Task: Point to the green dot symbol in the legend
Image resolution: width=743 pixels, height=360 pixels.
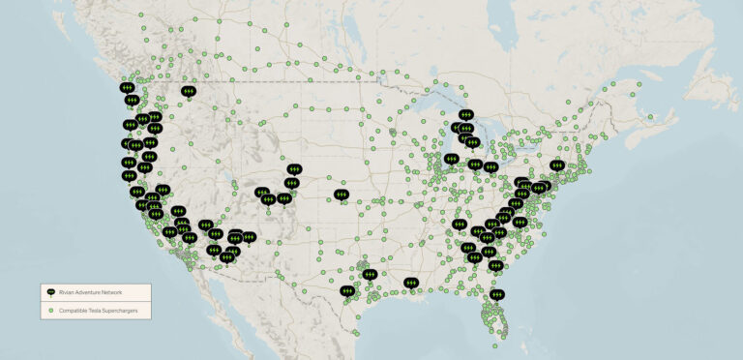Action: click(50, 311)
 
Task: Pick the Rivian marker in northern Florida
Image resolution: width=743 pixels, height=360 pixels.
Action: click(497, 293)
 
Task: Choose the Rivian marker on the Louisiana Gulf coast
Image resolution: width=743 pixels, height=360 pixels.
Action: click(413, 283)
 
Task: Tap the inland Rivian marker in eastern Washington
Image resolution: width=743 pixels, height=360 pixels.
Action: click(188, 91)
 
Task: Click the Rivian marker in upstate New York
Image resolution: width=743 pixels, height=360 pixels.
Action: click(556, 165)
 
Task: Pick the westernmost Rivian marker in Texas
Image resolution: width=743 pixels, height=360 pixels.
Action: click(347, 289)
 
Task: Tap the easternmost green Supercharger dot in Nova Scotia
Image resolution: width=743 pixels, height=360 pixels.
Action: click(650, 117)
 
